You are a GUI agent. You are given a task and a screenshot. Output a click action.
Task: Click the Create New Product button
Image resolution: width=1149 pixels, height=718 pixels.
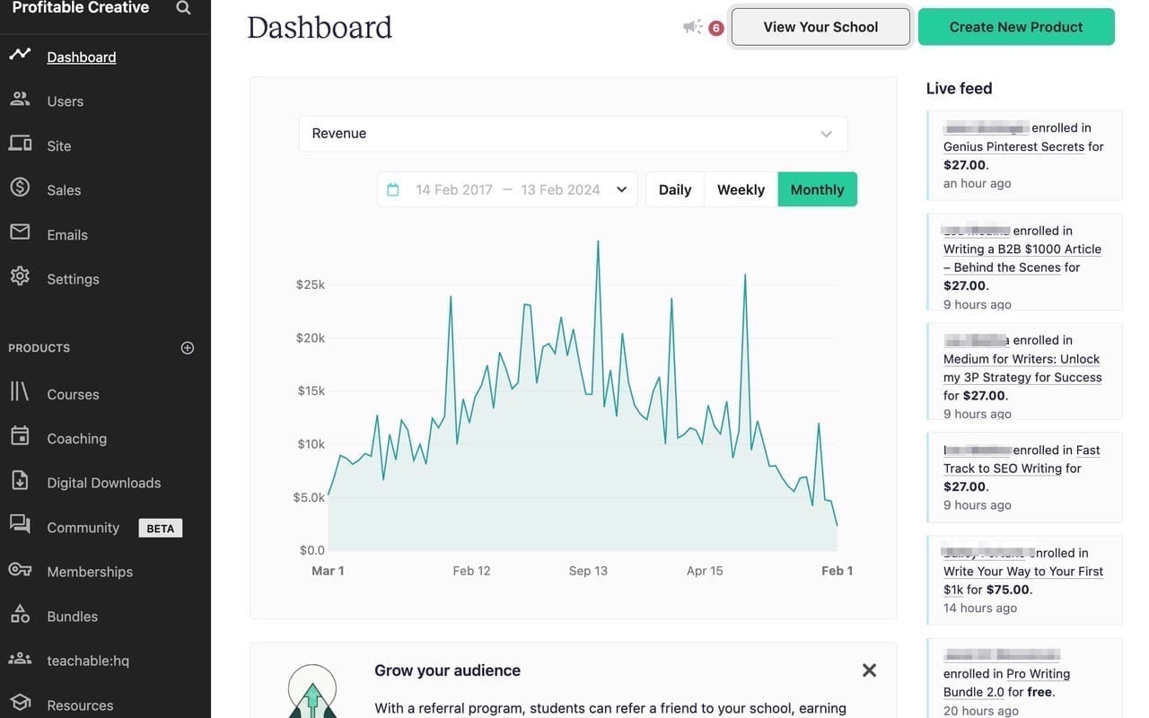coord(1016,27)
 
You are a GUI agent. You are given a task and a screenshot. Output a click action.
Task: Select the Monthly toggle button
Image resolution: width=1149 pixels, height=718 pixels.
coord(817,189)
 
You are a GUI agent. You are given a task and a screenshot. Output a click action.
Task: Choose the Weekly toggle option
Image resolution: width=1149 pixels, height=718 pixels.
coord(741,189)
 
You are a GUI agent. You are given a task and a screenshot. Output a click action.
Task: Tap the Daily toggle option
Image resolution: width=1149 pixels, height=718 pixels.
coord(675,189)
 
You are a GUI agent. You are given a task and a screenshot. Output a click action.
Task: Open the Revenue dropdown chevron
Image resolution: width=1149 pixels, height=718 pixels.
coord(826,134)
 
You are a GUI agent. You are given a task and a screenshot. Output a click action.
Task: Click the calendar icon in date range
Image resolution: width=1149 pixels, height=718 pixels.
coord(392,189)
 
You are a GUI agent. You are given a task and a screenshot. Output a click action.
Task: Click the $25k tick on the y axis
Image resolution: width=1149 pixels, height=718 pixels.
coord(311,285)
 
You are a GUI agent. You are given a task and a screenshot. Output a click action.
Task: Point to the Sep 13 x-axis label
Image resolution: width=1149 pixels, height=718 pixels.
coord(588,571)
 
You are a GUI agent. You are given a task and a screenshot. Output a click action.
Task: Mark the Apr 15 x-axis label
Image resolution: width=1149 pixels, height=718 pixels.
coord(705,571)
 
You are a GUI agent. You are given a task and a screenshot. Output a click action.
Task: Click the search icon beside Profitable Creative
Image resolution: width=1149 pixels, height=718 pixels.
coord(183,8)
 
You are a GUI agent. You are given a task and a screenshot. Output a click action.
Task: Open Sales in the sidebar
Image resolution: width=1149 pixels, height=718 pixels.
coord(64,190)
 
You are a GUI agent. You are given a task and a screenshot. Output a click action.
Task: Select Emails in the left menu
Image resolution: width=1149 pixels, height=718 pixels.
coord(67,235)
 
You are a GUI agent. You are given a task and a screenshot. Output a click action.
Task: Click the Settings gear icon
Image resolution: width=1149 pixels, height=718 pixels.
coord(20,276)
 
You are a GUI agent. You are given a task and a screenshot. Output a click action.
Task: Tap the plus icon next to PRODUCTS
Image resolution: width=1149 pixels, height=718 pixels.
coord(188,348)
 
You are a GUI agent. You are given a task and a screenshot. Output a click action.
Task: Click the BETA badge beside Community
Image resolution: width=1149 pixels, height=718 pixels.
coord(161,528)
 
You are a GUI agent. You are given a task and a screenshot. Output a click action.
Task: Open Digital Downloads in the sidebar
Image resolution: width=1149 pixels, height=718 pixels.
coord(104,483)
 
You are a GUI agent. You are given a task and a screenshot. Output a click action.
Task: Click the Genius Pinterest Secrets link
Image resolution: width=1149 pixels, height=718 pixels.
coord(1013,146)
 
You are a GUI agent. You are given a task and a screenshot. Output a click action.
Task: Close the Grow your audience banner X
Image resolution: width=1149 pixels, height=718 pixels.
coord(869,670)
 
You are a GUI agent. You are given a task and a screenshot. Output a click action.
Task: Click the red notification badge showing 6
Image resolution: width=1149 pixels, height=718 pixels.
coord(715,28)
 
